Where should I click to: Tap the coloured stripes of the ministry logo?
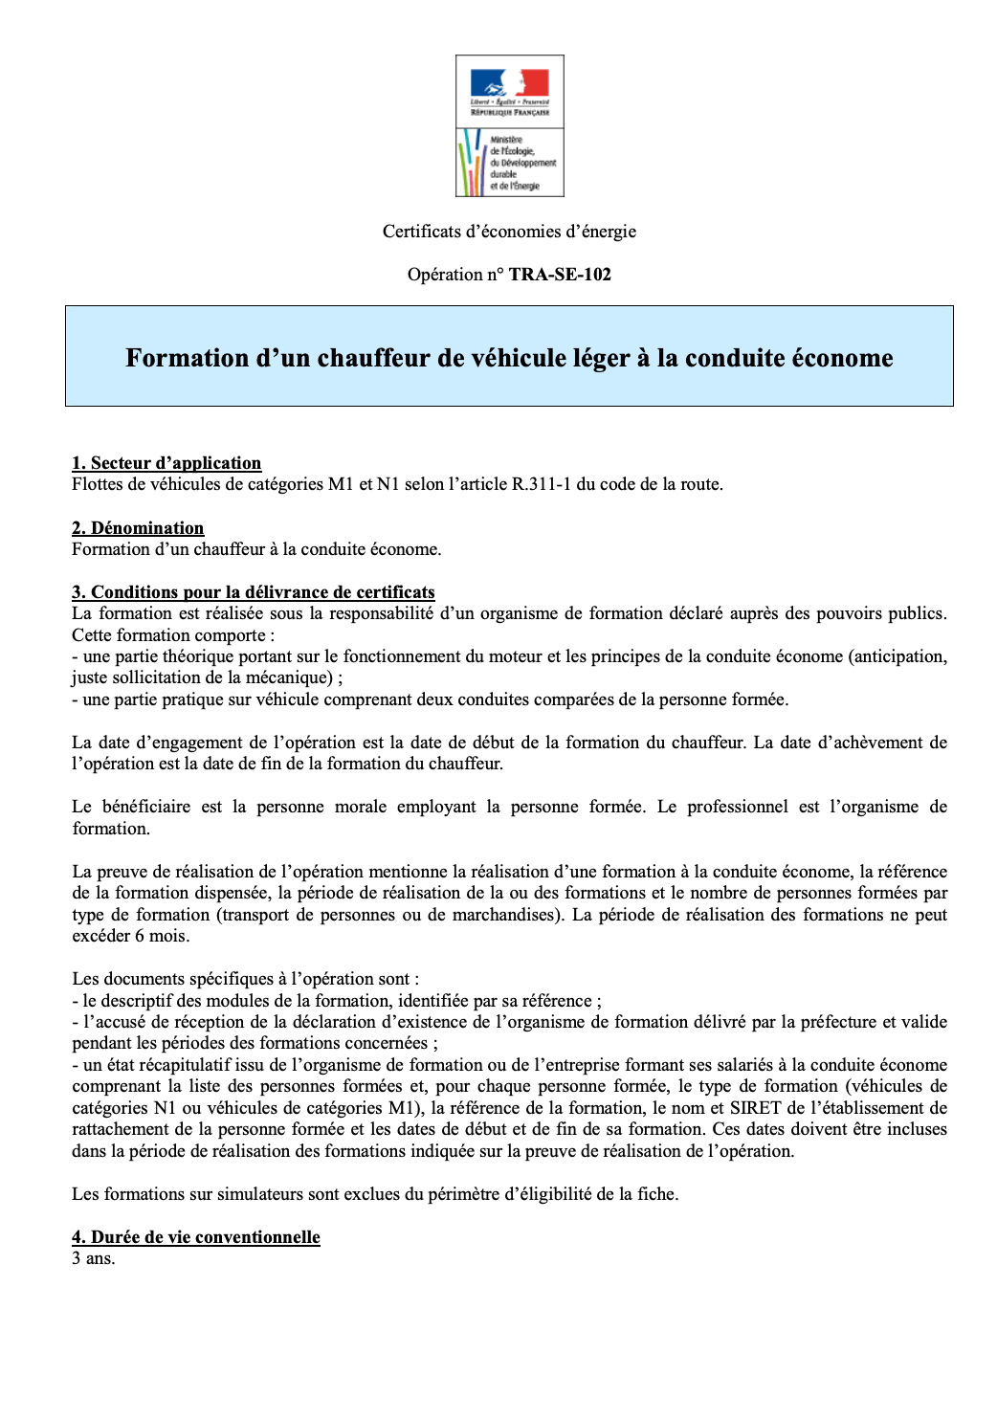472,164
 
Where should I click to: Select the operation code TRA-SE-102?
560,275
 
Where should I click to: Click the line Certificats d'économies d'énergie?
509,232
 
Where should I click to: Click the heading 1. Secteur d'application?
166,463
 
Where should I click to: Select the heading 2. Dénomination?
138,528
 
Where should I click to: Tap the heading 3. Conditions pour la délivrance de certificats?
254,592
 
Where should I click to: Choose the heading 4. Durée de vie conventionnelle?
196,1237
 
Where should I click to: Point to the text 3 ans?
94,1258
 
